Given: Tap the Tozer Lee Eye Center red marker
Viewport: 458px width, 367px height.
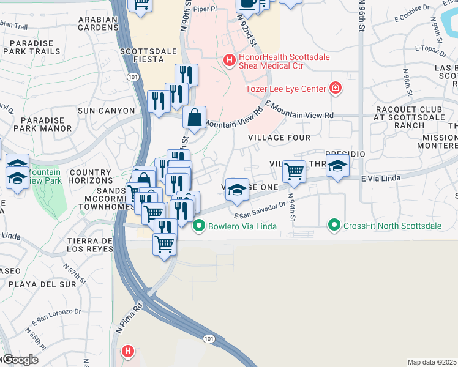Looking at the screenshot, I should point(336,89).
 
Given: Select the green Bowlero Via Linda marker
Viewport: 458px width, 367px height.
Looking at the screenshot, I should point(198,226).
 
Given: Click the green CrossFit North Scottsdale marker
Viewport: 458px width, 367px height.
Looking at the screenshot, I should point(334,226).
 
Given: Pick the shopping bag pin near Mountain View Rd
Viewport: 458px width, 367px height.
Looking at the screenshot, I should point(194,117).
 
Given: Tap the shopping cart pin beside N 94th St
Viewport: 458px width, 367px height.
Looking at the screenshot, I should point(295,171).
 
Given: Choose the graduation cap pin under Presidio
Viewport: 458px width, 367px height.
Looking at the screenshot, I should point(337,166).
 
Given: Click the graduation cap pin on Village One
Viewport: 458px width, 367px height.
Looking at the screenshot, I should point(237,190).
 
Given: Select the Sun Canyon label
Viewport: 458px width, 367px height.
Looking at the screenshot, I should point(106,111).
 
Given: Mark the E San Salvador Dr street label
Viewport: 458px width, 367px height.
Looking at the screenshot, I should point(260,210).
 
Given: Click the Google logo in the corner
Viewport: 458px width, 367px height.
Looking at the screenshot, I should point(20,360).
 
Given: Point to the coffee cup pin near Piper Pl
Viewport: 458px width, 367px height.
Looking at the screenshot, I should point(249,3).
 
